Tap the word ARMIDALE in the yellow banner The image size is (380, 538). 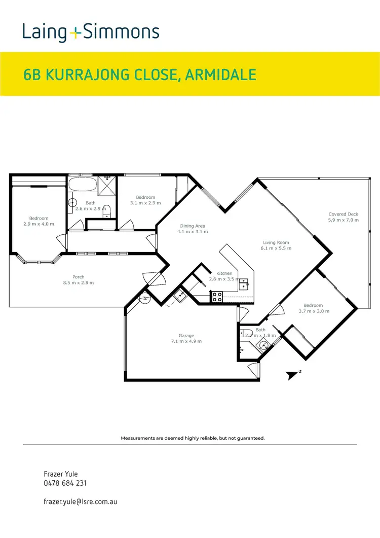pyautogui.click(x=221, y=75)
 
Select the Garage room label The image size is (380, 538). pyautogui.click(x=186, y=336)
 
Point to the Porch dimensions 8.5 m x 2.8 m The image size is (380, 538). pyautogui.click(x=79, y=282)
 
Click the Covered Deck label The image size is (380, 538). pyautogui.click(x=343, y=214)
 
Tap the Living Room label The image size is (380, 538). pyautogui.click(x=276, y=242)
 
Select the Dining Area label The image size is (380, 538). pyautogui.click(x=193, y=226)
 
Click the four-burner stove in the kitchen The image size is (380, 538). pyautogui.click(x=217, y=297)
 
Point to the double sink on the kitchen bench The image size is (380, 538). pyautogui.click(x=244, y=283)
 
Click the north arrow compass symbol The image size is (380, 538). pyautogui.click(x=292, y=375)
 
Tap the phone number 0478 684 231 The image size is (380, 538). pyautogui.click(x=65, y=483)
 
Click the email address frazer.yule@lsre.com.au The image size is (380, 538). pyautogui.click(x=81, y=501)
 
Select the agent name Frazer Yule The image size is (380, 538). pyautogui.click(x=61, y=474)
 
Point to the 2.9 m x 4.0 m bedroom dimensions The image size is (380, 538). pyautogui.click(x=39, y=224)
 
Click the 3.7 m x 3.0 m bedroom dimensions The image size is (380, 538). pyautogui.click(x=314, y=311)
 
